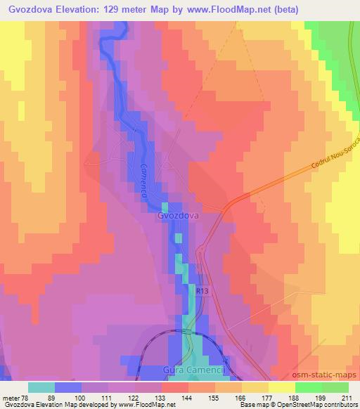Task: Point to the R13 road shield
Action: pyautogui.click(x=202, y=290)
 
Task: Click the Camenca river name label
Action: pyautogui.click(x=143, y=183)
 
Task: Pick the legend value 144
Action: pyautogui.click(x=188, y=398)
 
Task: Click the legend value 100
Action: pyautogui.click(x=82, y=398)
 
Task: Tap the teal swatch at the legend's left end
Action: pyautogui.click(x=41, y=387)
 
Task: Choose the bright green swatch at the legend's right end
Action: pyautogui.click(x=335, y=387)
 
